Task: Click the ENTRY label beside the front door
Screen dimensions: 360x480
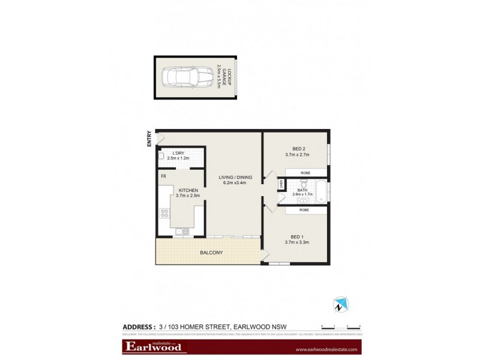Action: click(x=149, y=140)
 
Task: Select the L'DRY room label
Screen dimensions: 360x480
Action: click(x=178, y=153)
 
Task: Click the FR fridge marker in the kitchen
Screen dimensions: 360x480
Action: click(x=163, y=176)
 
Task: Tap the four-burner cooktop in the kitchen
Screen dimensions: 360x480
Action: click(x=164, y=213)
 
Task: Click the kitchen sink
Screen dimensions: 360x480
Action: click(x=182, y=231)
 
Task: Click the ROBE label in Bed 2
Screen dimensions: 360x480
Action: click(x=306, y=173)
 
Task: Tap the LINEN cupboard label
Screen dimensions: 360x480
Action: click(x=280, y=185)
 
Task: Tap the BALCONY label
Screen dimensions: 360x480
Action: click(x=211, y=253)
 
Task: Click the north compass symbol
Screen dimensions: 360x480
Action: click(x=341, y=304)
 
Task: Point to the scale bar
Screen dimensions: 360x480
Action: click(x=340, y=327)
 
